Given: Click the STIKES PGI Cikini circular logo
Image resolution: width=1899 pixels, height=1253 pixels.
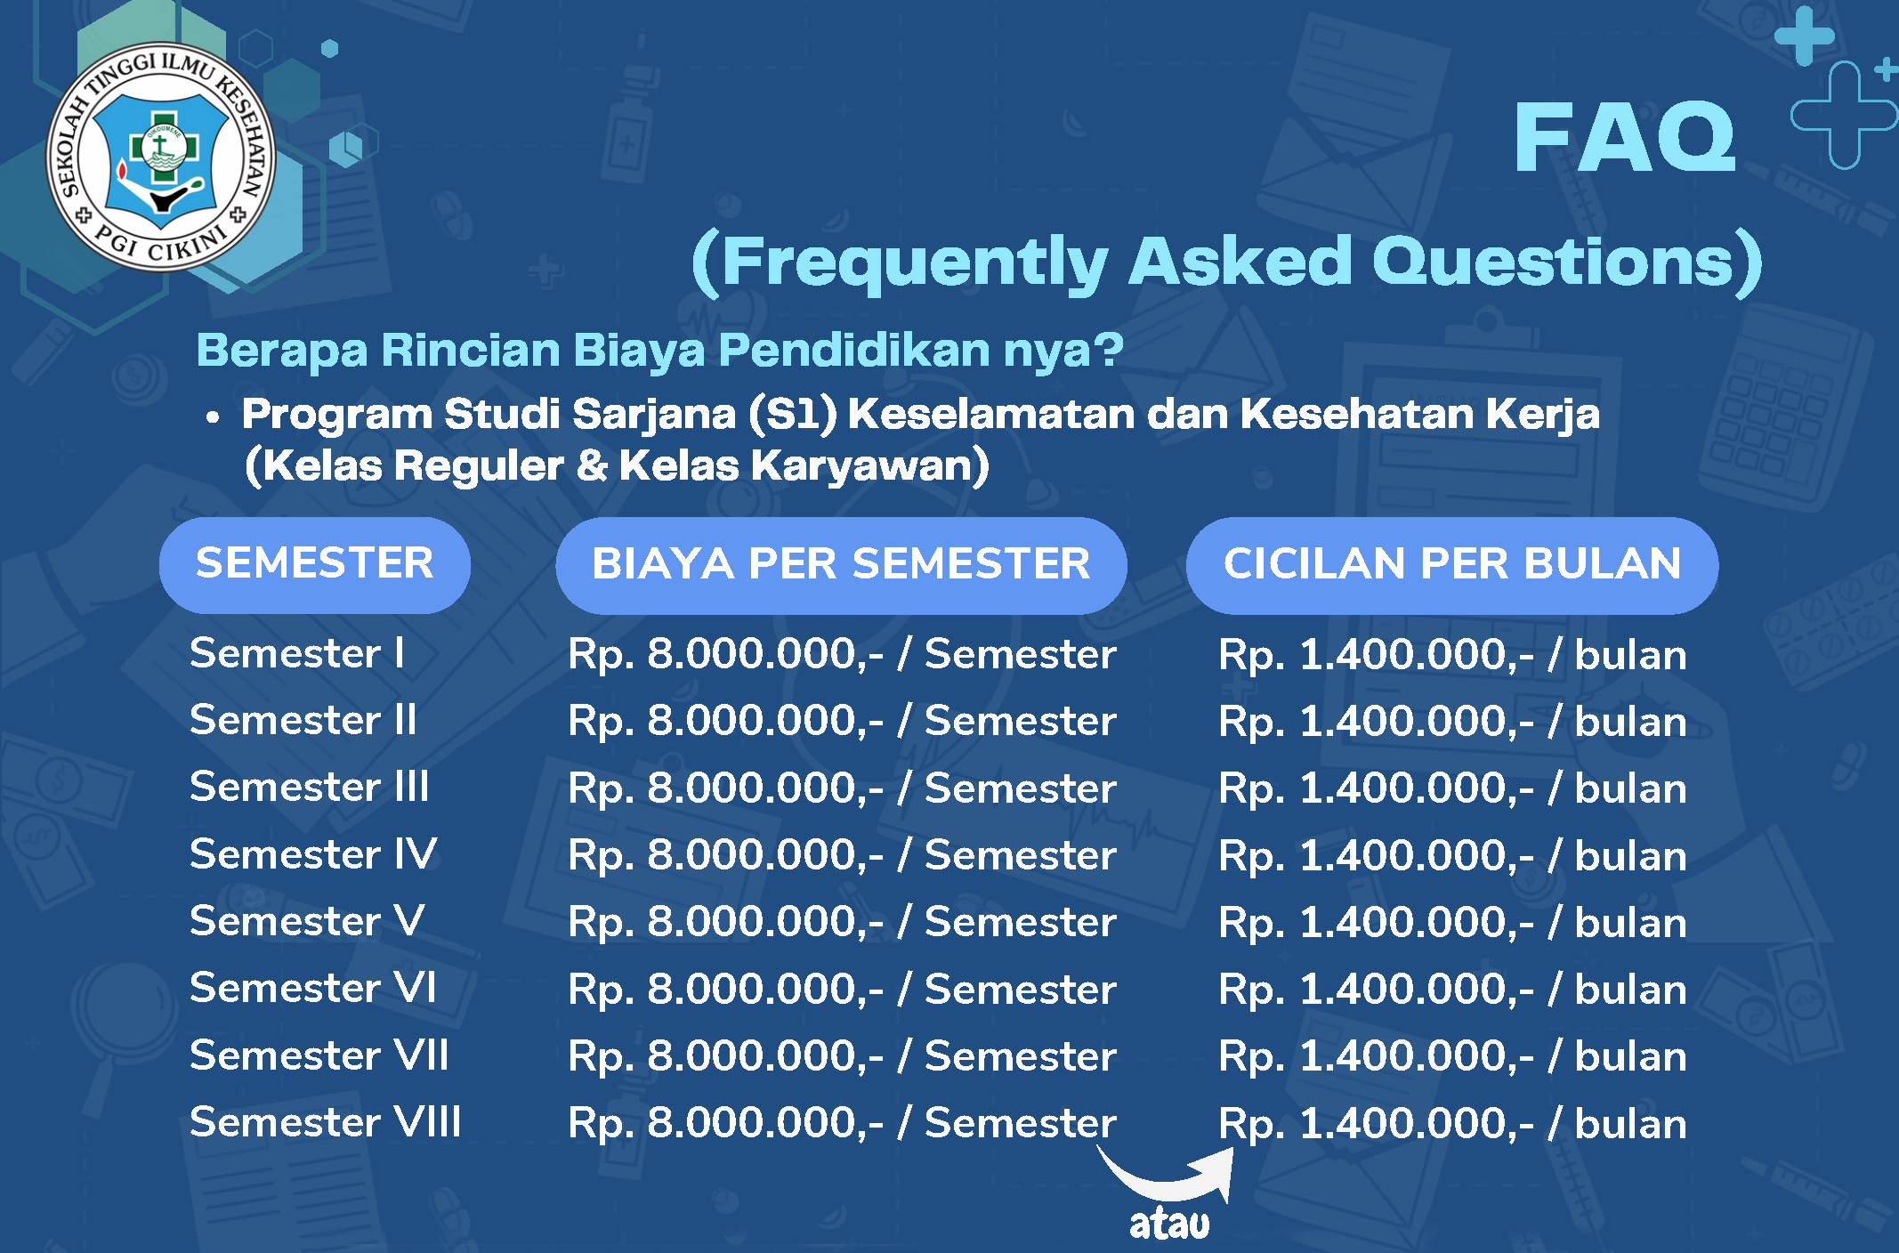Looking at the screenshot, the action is click(161, 157).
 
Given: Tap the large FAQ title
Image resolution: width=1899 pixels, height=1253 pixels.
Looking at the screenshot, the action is click(1625, 137).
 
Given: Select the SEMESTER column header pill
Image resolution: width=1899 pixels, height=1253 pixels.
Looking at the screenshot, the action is click(315, 564).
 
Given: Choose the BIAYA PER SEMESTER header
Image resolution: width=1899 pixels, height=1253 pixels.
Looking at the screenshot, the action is click(841, 564).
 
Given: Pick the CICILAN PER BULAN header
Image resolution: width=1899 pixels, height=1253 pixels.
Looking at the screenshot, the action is click(1452, 564).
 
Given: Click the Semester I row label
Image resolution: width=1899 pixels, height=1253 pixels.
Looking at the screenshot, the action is click(297, 653).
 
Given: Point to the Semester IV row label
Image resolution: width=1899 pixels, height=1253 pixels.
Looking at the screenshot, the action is click(313, 853).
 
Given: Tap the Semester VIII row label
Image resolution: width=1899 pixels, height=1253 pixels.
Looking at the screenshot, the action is click(326, 1121).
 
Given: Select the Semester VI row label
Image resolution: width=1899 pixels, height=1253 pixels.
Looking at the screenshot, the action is click(313, 988).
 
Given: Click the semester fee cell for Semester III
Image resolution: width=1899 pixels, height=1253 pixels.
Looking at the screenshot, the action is click(842, 788).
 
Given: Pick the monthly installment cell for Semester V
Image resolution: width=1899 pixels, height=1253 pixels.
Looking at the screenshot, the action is click(1452, 923).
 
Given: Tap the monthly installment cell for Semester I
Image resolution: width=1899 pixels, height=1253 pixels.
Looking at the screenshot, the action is click(1452, 655).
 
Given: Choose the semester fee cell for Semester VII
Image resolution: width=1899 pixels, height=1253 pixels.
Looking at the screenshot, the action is click(842, 1056).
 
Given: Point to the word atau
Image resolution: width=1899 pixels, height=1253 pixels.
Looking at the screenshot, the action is click(1169, 1224).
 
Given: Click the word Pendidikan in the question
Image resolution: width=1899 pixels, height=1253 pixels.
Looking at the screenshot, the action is click(855, 350).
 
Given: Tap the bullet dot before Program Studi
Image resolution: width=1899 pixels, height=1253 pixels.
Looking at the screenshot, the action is click(212, 416).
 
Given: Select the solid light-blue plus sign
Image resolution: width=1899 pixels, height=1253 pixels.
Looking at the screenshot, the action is click(1805, 36).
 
